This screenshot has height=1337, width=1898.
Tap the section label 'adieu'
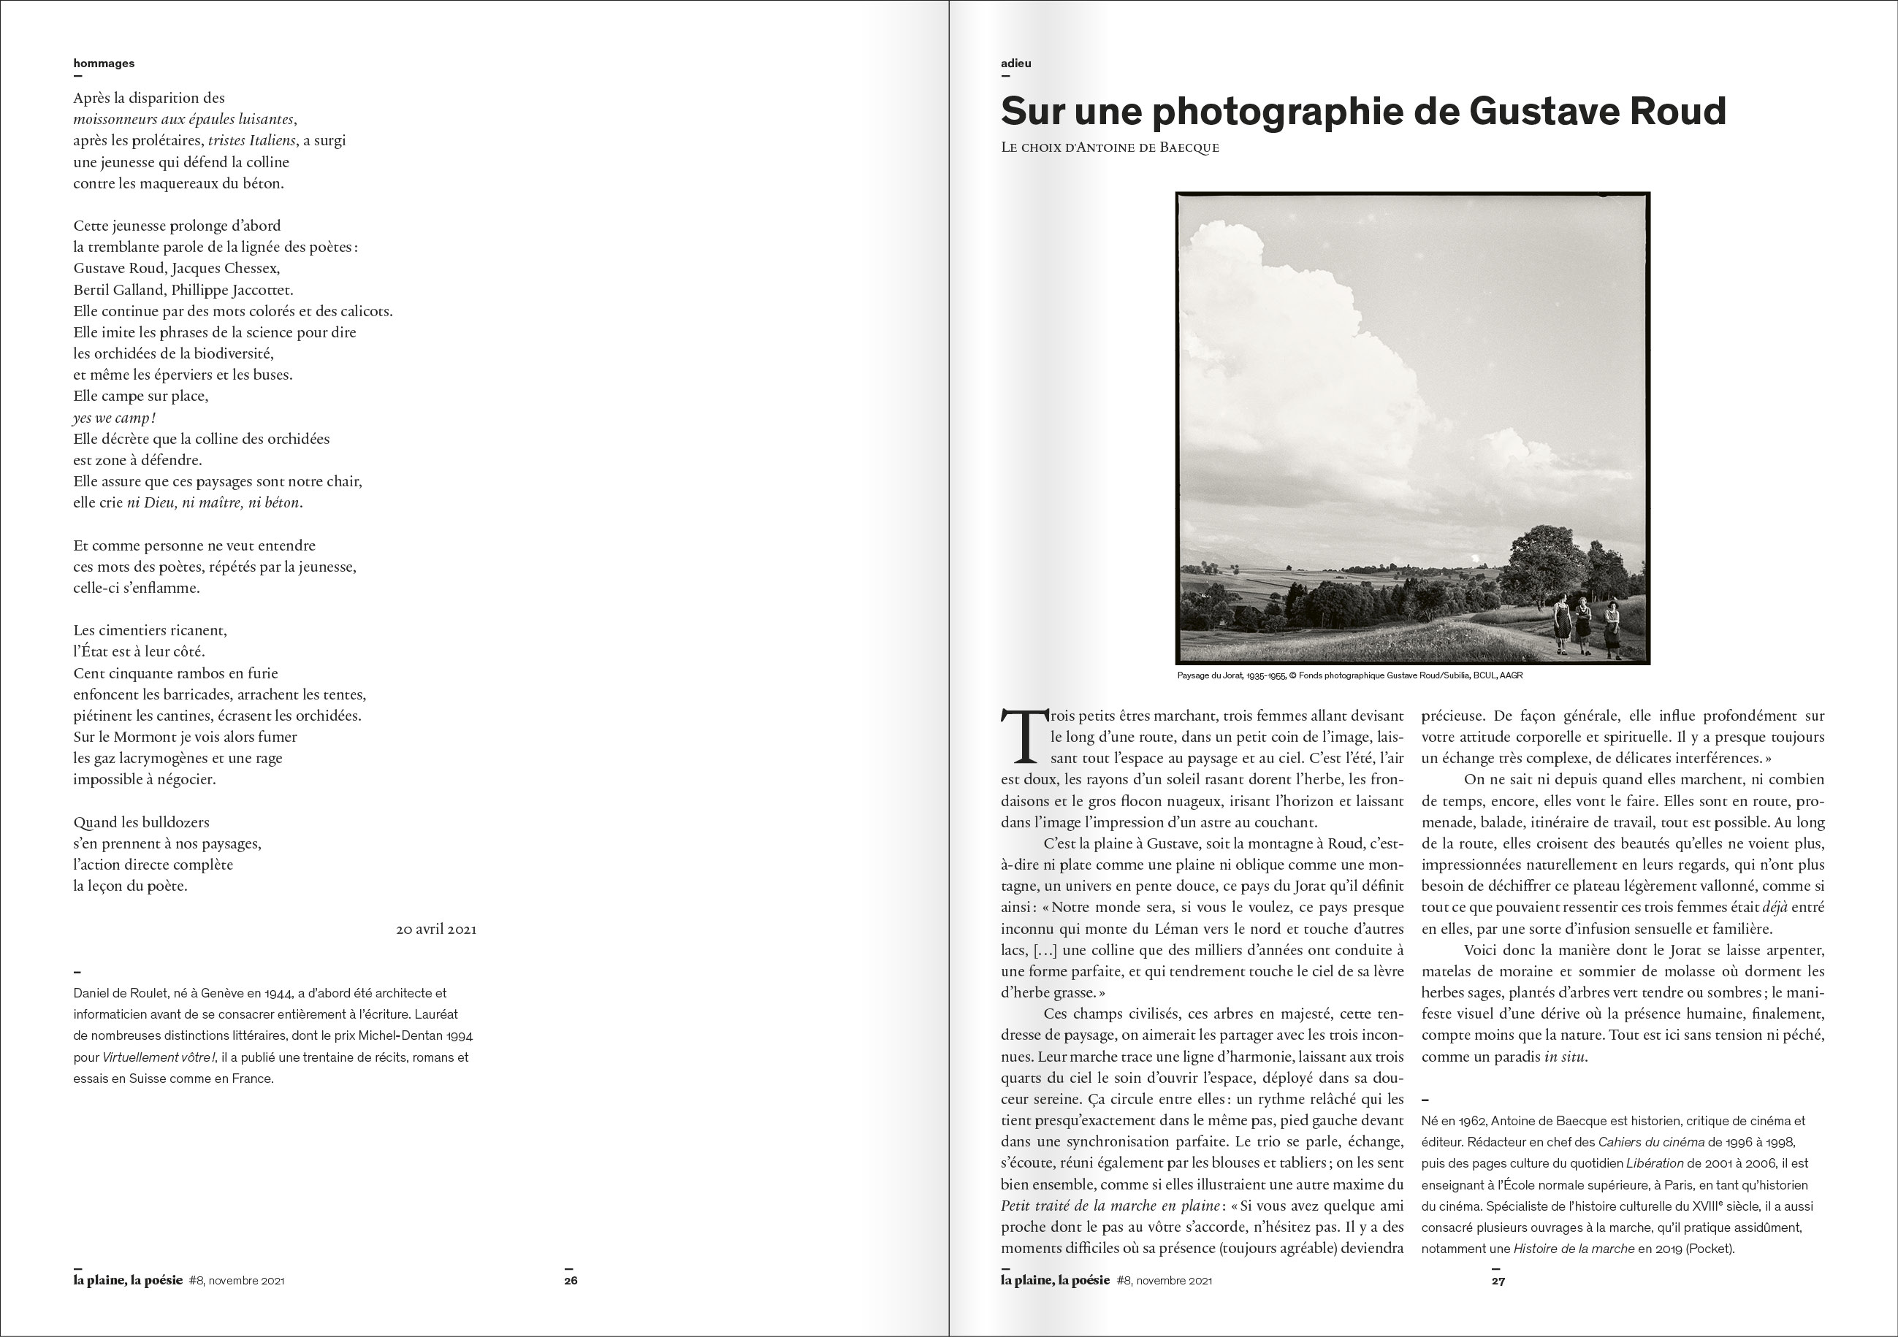1016,63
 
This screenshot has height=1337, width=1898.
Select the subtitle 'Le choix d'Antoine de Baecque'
1110,148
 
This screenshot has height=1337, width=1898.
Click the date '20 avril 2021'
435,929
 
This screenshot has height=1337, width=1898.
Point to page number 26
571,1281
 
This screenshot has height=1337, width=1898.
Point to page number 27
1498,1281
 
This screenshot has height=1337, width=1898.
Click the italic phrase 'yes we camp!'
114,417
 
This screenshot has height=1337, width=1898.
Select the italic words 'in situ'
1564,1056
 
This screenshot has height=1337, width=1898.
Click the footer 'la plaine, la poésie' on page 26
128,1280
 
